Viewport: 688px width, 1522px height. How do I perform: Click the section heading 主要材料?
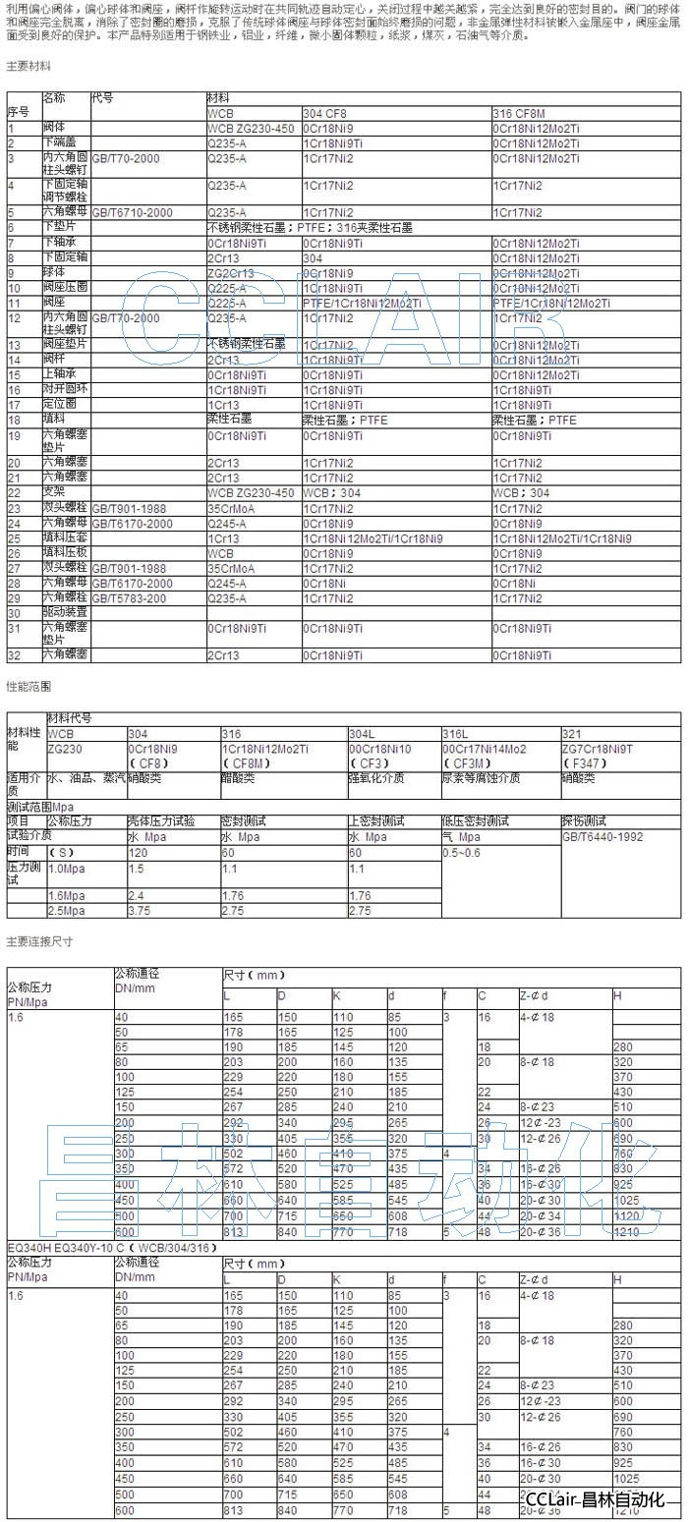point(29,67)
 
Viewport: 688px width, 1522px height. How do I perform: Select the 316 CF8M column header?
point(518,114)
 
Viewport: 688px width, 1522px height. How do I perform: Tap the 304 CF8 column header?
point(324,114)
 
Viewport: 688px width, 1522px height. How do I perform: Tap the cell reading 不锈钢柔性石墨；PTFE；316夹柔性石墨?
point(310,227)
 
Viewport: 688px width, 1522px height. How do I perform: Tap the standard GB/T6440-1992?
point(603,836)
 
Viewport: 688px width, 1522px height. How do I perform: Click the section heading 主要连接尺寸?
point(39,941)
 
